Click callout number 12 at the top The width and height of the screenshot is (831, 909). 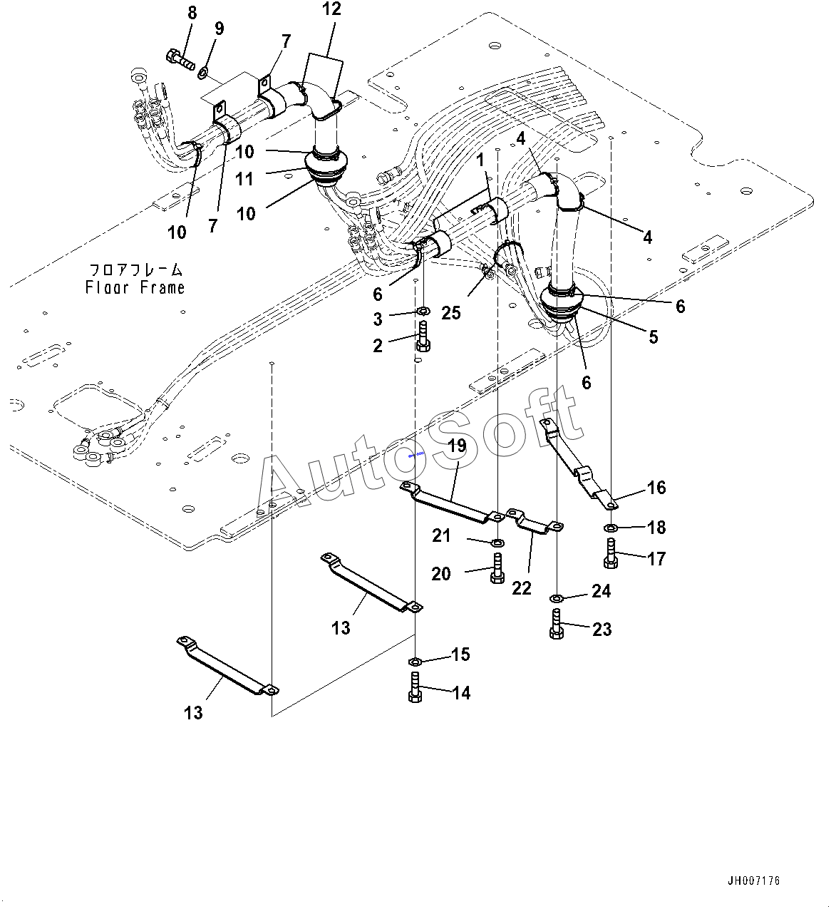pos(331,9)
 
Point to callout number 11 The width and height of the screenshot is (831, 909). pos(244,178)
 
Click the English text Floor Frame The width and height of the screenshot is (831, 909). pos(135,287)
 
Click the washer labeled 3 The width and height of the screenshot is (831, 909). pos(422,311)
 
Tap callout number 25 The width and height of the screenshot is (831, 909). pos(451,312)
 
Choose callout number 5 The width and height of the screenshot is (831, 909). pos(653,337)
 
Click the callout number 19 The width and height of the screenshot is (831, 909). pos(457,446)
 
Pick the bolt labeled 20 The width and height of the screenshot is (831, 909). pos(497,568)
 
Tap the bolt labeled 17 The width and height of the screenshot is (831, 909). pos(611,553)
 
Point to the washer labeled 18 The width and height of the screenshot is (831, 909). pos(611,528)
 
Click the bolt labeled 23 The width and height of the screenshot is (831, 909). pos(557,625)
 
